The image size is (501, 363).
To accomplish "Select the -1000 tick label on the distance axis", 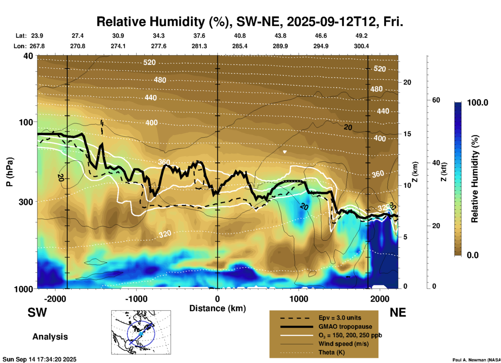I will (136, 299).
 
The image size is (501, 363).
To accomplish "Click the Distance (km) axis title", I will (217, 308).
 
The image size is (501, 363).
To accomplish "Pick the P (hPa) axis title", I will (10, 172).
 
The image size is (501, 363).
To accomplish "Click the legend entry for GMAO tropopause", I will (345, 327).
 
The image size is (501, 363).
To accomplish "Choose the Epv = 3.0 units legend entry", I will (340, 318).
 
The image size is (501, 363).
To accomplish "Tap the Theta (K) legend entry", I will (331, 352).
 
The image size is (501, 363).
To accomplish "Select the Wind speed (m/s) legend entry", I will (343, 344).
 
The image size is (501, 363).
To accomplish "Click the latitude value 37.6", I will (199, 36).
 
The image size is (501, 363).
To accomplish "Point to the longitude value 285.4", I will (240, 46).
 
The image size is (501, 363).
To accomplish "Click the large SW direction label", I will (37, 312).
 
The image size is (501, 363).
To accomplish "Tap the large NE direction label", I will (398, 312).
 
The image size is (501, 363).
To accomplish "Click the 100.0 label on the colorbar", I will (478, 103).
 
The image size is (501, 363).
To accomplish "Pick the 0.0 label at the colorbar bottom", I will (473, 255).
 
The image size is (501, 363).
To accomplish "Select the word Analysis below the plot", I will (50, 337).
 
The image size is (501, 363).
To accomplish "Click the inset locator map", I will (141, 332).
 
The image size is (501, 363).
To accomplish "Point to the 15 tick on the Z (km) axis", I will (407, 134).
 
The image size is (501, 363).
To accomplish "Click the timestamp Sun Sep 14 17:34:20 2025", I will (40, 359).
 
